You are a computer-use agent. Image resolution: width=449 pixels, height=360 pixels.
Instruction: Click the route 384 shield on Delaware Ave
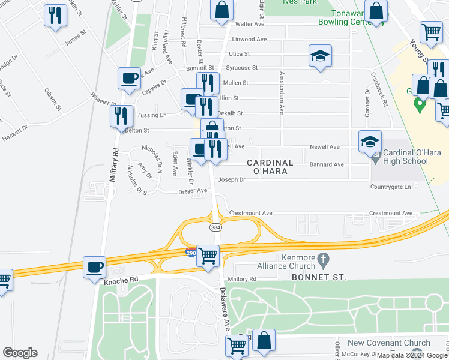tap(215, 227)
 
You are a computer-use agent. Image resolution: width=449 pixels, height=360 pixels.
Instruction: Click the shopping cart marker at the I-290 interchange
tap(208, 256)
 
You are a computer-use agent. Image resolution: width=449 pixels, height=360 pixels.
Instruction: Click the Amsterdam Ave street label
tap(280, 93)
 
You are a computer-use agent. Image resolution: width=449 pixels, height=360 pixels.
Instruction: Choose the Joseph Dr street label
tap(232, 179)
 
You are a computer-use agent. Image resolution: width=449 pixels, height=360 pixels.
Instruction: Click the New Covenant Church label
tap(389, 343)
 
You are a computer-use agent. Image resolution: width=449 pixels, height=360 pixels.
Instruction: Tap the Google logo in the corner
tap(20, 353)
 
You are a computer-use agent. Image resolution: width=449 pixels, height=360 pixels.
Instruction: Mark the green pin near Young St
tap(420, 106)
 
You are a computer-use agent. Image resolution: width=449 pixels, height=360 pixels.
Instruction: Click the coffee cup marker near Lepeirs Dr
tap(130, 78)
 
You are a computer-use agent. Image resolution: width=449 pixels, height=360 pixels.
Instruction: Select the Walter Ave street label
tap(250, 25)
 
